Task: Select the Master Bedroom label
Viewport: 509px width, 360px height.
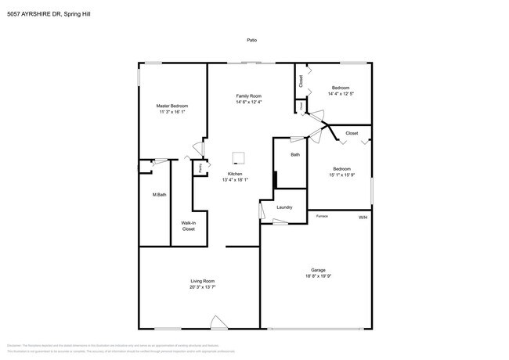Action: point(172,106)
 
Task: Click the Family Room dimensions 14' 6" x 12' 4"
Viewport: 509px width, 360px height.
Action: point(248,103)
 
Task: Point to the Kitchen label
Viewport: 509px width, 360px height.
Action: point(235,174)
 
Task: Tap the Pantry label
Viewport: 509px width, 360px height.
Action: point(201,167)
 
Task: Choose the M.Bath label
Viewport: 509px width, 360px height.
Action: point(159,194)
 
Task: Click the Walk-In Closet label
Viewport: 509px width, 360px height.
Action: point(189,226)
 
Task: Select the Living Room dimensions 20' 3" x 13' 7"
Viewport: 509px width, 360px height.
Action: point(202,287)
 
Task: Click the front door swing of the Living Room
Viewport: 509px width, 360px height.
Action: point(218,322)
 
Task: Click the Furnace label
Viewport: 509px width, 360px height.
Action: point(321,215)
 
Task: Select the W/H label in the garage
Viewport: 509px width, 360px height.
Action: point(363,217)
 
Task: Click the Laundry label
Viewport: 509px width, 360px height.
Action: point(284,207)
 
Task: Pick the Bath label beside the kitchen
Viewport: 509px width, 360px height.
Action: point(295,155)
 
